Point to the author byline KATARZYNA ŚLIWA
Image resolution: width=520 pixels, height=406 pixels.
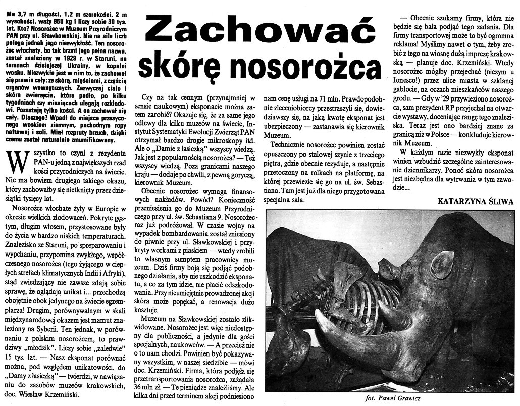pos(476,200)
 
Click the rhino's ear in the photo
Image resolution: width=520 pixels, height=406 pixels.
pos(442,264)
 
